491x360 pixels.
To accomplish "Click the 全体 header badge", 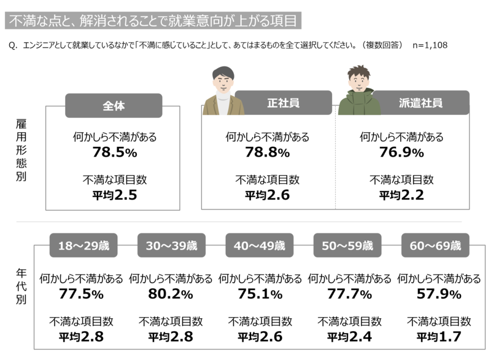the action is click(114, 106).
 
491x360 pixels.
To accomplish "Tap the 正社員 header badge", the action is click(284, 103).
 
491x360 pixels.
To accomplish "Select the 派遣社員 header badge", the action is click(420, 103).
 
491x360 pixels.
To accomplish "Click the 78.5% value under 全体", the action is click(115, 152).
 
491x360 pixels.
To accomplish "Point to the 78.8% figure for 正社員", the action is click(267, 152).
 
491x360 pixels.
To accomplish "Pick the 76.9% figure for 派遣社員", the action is click(401, 152).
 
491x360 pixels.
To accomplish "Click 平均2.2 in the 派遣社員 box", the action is click(401, 195).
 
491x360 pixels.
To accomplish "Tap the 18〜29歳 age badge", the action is click(83, 245).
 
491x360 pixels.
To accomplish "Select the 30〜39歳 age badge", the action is click(172, 245).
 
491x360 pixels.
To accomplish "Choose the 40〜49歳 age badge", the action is click(260, 245).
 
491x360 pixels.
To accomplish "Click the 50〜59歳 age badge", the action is click(347, 245).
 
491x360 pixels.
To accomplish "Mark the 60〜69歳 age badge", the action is click(435, 245).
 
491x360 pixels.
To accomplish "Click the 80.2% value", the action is click(171, 294).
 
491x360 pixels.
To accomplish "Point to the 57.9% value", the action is click(439, 294).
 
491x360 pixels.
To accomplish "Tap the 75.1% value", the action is click(260, 294).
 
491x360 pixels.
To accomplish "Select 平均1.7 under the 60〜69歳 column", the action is click(439, 337).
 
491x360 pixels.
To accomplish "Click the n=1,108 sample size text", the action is click(430, 45).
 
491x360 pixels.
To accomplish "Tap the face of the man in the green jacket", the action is click(359, 80).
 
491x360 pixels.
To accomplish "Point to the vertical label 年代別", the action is click(21, 286).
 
